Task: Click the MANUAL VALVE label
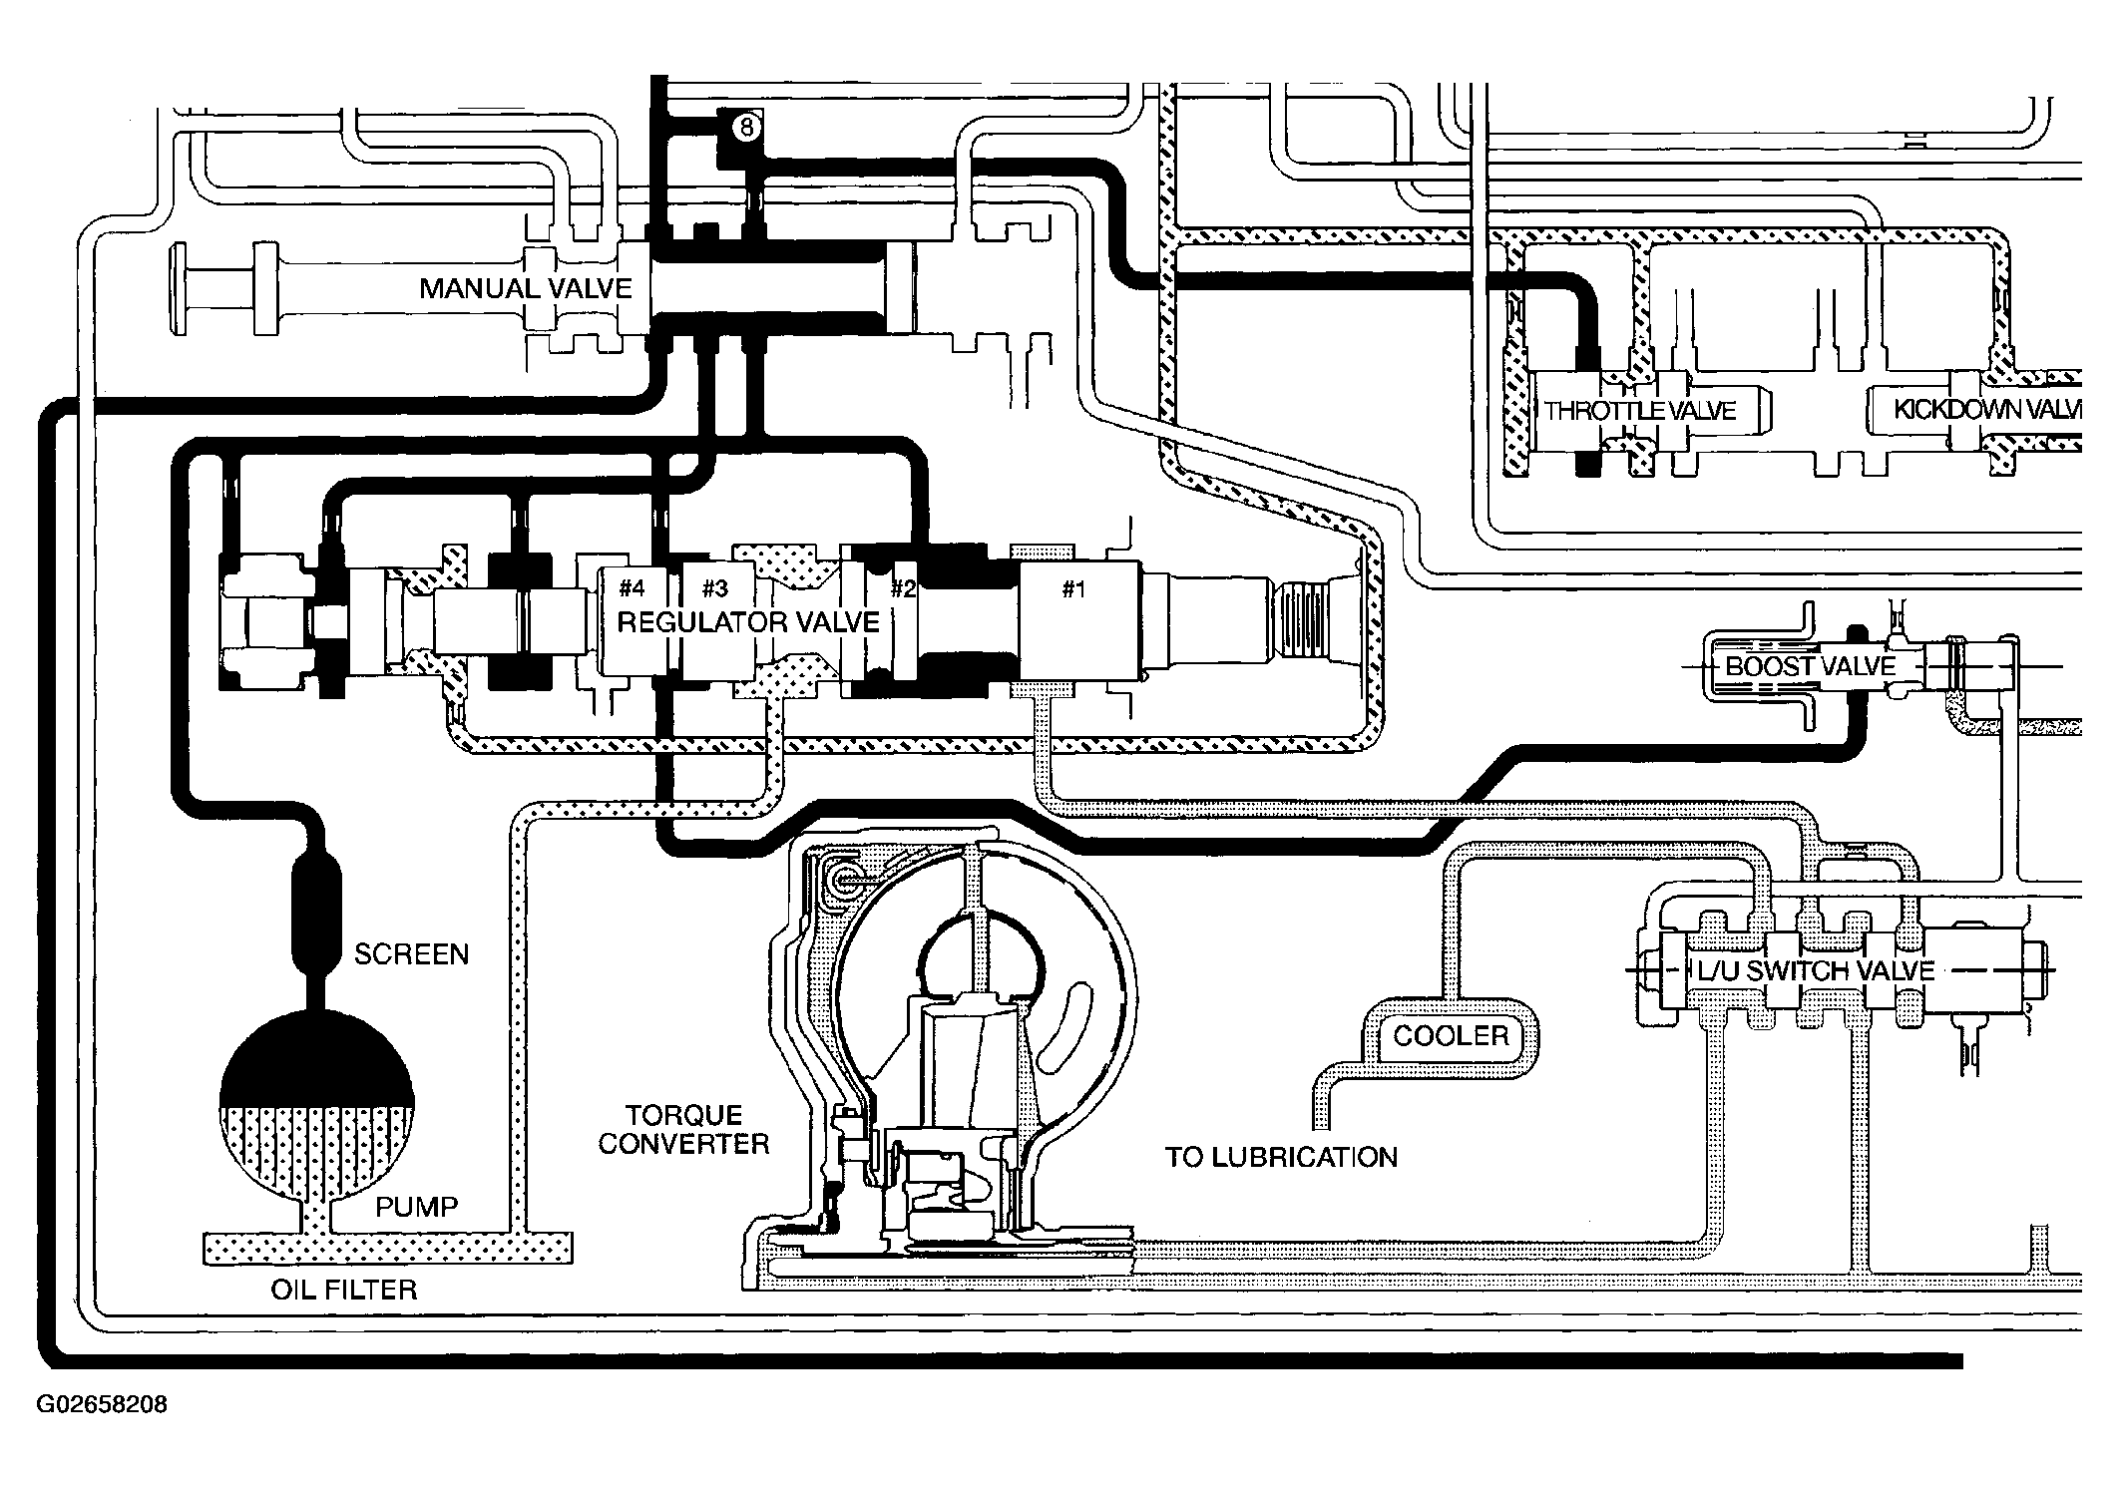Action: pyautogui.click(x=526, y=289)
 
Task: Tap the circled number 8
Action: pyautogui.click(x=746, y=128)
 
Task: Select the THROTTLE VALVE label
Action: pyautogui.click(x=1640, y=411)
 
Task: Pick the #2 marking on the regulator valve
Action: pyautogui.click(x=903, y=588)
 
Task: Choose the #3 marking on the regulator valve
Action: pyautogui.click(x=714, y=587)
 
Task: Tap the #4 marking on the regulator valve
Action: pyautogui.click(x=632, y=587)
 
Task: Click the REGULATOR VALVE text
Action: pyautogui.click(x=748, y=623)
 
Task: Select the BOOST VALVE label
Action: pyautogui.click(x=1810, y=666)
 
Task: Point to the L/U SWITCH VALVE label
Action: pyautogui.click(x=1816, y=970)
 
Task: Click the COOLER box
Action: pyautogui.click(x=1451, y=1036)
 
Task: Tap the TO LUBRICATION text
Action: pyautogui.click(x=1281, y=1157)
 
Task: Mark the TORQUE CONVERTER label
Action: pyautogui.click(x=683, y=1129)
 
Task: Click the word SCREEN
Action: pyautogui.click(x=411, y=954)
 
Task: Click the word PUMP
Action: pyautogui.click(x=416, y=1207)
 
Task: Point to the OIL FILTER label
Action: pyautogui.click(x=344, y=1290)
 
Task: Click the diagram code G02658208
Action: pyautogui.click(x=102, y=1405)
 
